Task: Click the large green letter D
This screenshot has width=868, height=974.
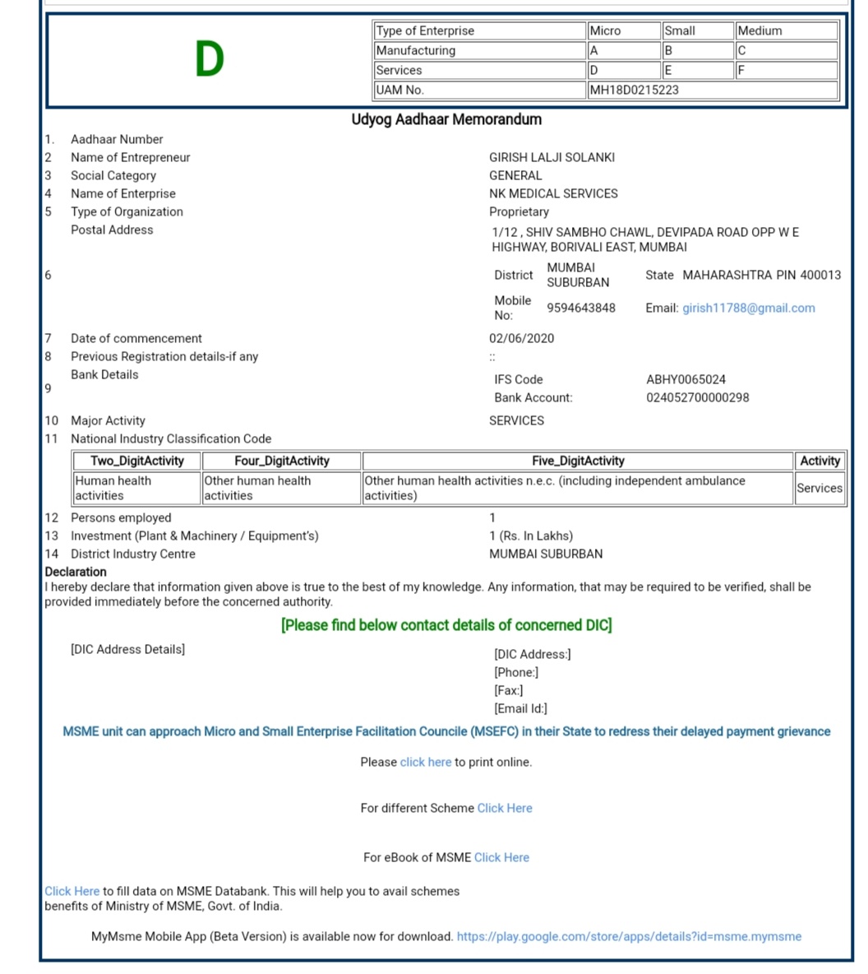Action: pos(210,59)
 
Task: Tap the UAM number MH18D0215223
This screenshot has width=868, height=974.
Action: pos(634,90)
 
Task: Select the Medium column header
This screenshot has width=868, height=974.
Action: pos(759,30)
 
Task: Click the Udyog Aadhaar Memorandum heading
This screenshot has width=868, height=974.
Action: pos(446,119)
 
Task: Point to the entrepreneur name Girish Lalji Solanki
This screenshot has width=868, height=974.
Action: pos(552,157)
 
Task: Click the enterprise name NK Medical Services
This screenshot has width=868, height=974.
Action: pos(553,193)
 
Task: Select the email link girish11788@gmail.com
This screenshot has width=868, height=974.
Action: pos(748,308)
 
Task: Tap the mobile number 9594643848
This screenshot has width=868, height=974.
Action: pos(580,308)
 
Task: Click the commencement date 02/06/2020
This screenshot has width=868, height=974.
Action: pos(521,338)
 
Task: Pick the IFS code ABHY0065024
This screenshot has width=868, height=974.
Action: pos(686,379)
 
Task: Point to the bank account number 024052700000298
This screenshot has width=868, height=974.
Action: pos(697,397)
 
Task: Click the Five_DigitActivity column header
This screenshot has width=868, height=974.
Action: pos(578,461)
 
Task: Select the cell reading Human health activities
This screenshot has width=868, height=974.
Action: pos(113,488)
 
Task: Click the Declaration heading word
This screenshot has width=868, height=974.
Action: pos(76,572)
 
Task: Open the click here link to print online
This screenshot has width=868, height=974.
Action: pos(425,762)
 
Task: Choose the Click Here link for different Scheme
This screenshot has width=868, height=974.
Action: pos(504,808)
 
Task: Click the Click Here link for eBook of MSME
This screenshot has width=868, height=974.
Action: pos(501,857)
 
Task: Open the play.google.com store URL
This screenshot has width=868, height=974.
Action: pos(629,936)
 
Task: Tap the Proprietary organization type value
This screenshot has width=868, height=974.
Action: pos(519,211)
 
